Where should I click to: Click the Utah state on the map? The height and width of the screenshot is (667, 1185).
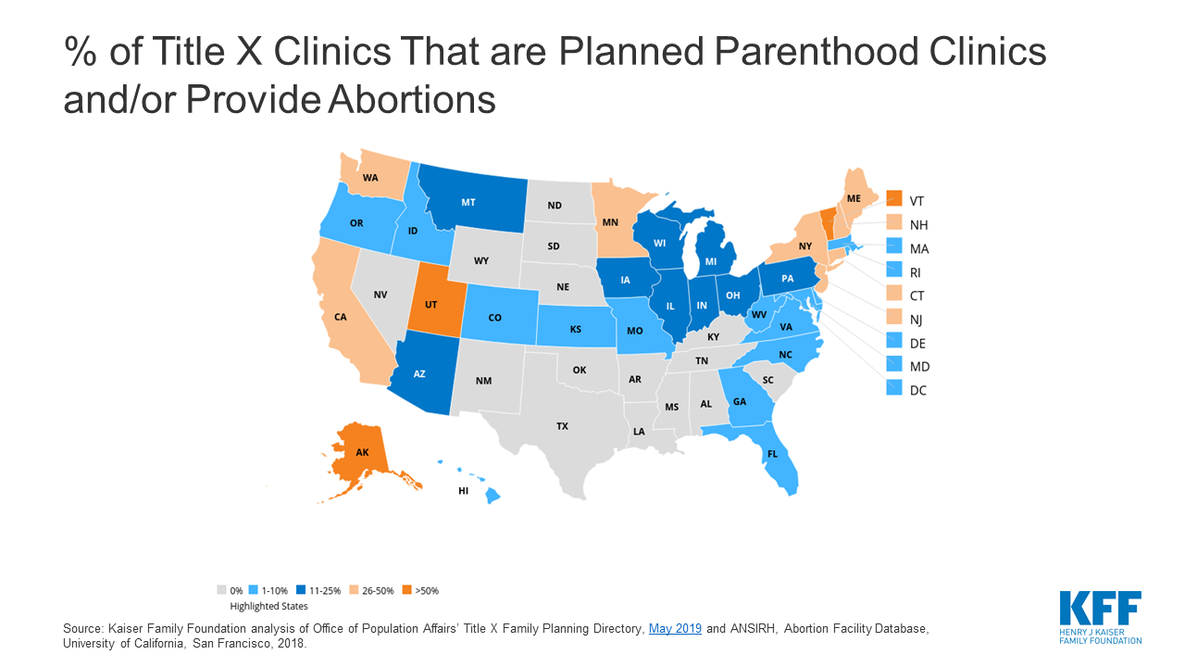(432, 302)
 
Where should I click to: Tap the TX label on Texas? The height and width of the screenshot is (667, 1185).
(562, 426)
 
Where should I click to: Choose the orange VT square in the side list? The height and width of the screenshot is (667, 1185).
(893, 199)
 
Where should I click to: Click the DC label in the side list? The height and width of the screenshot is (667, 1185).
(917, 390)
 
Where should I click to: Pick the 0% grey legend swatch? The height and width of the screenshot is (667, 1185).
(220, 590)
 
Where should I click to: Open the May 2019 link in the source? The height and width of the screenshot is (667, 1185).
(675, 629)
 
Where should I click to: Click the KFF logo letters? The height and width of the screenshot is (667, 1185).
(1100, 610)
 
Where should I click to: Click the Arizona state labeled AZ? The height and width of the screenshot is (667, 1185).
(419, 373)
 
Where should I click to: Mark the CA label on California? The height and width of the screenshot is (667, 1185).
(341, 317)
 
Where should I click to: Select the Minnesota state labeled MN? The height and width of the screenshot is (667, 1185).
(611, 222)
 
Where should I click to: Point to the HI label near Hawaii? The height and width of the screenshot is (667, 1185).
(463, 491)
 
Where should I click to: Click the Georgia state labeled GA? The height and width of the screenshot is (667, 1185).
(740, 401)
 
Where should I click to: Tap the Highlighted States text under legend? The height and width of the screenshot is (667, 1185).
(268, 606)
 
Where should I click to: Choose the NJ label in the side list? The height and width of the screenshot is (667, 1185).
(917, 320)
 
